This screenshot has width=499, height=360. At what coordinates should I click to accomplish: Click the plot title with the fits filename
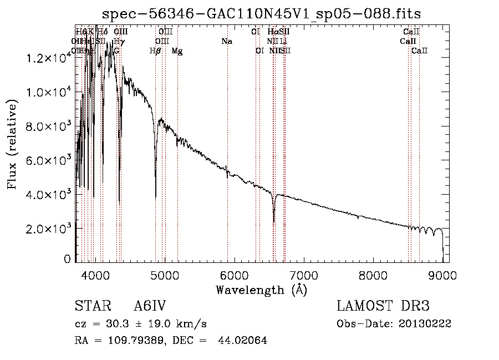click(x=262, y=13)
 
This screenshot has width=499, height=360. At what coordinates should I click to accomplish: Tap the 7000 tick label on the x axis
click(x=304, y=275)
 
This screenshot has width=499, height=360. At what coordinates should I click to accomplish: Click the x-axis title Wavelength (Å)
click(x=261, y=290)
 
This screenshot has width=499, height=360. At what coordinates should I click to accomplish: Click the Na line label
click(x=226, y=41)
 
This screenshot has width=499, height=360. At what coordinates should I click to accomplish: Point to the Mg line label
click(x=177, y=50)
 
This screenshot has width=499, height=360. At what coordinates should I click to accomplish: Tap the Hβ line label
click(x=155, y=50)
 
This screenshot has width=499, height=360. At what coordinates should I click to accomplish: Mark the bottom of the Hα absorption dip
click(x=274, y=221)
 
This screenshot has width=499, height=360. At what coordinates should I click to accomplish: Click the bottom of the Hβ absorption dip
click(x=155, y=197)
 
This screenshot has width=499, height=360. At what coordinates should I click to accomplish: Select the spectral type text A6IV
click(x=150, y=306)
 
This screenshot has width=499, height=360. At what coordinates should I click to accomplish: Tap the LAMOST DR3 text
click(x=383, y=306)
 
